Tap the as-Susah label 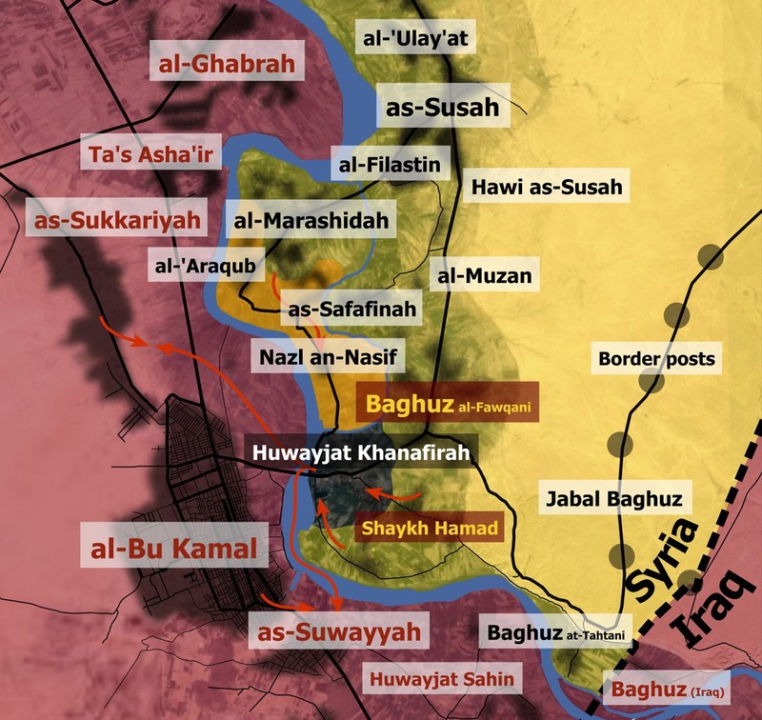(443, 108)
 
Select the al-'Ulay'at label (418, 39)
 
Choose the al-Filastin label (390, 165)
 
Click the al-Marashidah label (313, 222)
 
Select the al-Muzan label (484, 277)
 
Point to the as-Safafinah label (351, 309)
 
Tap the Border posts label (656, 360)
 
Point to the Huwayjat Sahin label (442, 679)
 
